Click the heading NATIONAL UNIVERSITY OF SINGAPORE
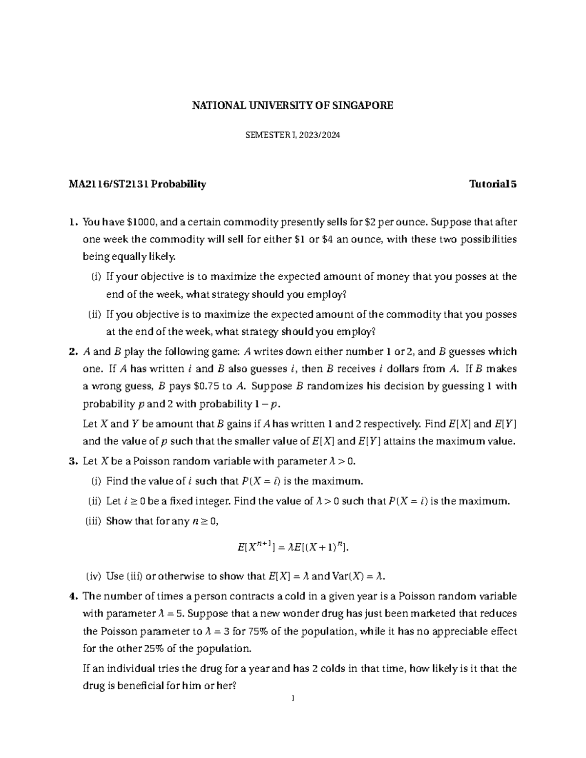292,105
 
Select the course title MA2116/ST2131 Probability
137,184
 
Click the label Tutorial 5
493,184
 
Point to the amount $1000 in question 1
142,223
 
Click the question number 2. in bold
74,352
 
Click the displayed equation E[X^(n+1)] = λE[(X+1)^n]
293,548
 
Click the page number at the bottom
292,699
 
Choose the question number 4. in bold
74,596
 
